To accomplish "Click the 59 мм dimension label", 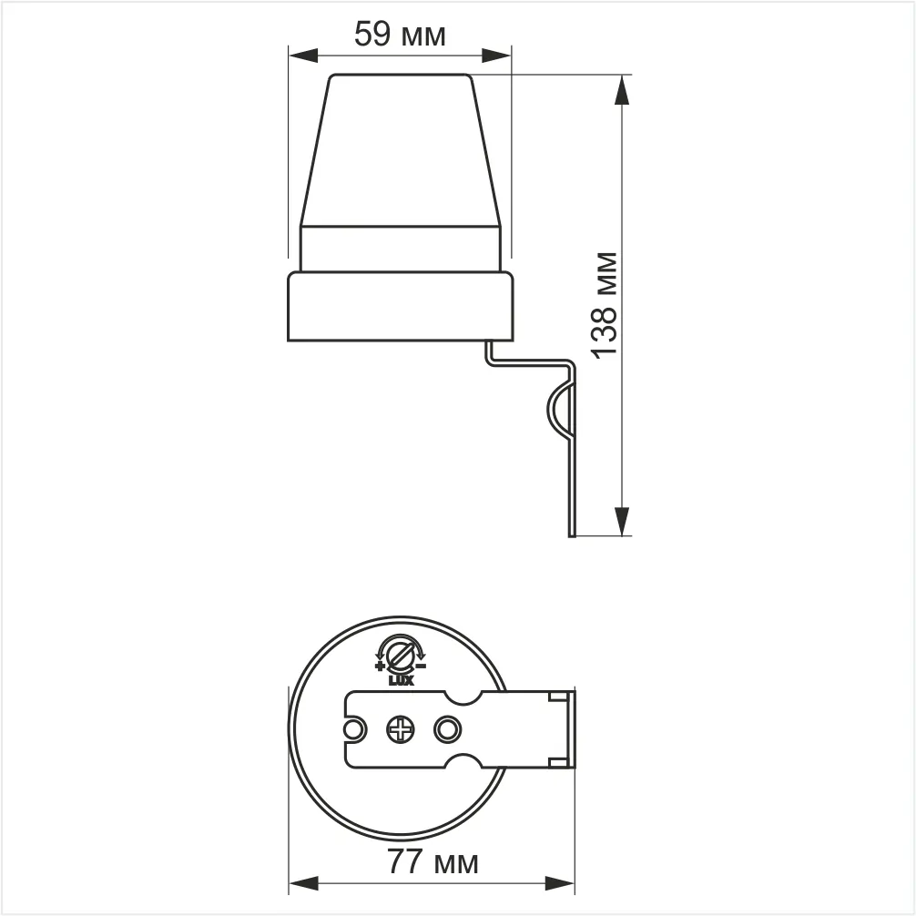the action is (x=400, y=34).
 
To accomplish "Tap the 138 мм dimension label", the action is (x=604, y=306).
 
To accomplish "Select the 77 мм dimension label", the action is (x=433, y=861).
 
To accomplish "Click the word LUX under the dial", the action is (x=402, y=680).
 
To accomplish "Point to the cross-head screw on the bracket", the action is (x=402, y=729).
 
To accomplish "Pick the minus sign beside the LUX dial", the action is (x=422, y=666).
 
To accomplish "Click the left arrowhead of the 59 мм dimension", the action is (x=303, y=56).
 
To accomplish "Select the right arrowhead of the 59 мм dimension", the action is (x=496, y=56).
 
